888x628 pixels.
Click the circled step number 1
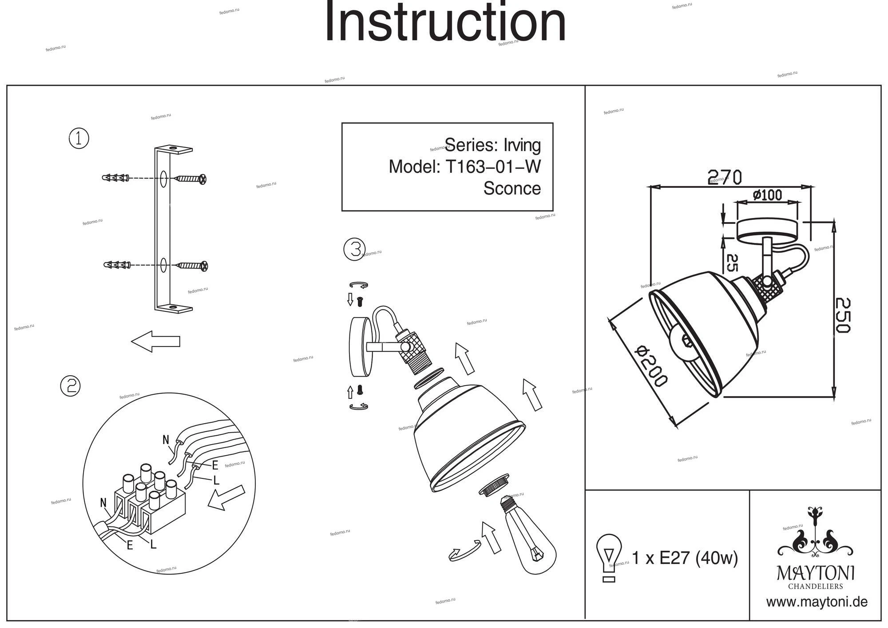(79, 139)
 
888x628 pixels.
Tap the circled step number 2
(70, 386)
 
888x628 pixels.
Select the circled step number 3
(355, 249)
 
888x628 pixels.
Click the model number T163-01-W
(493, 167)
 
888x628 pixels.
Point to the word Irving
(522, 145)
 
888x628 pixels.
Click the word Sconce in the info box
(512, 188)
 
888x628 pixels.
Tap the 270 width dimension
(725, 178)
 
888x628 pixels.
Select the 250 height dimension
(842, 315)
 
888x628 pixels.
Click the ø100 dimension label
(768, 195)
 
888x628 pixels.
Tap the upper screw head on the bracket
(203, 179)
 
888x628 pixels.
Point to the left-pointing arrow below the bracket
(156, 342)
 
